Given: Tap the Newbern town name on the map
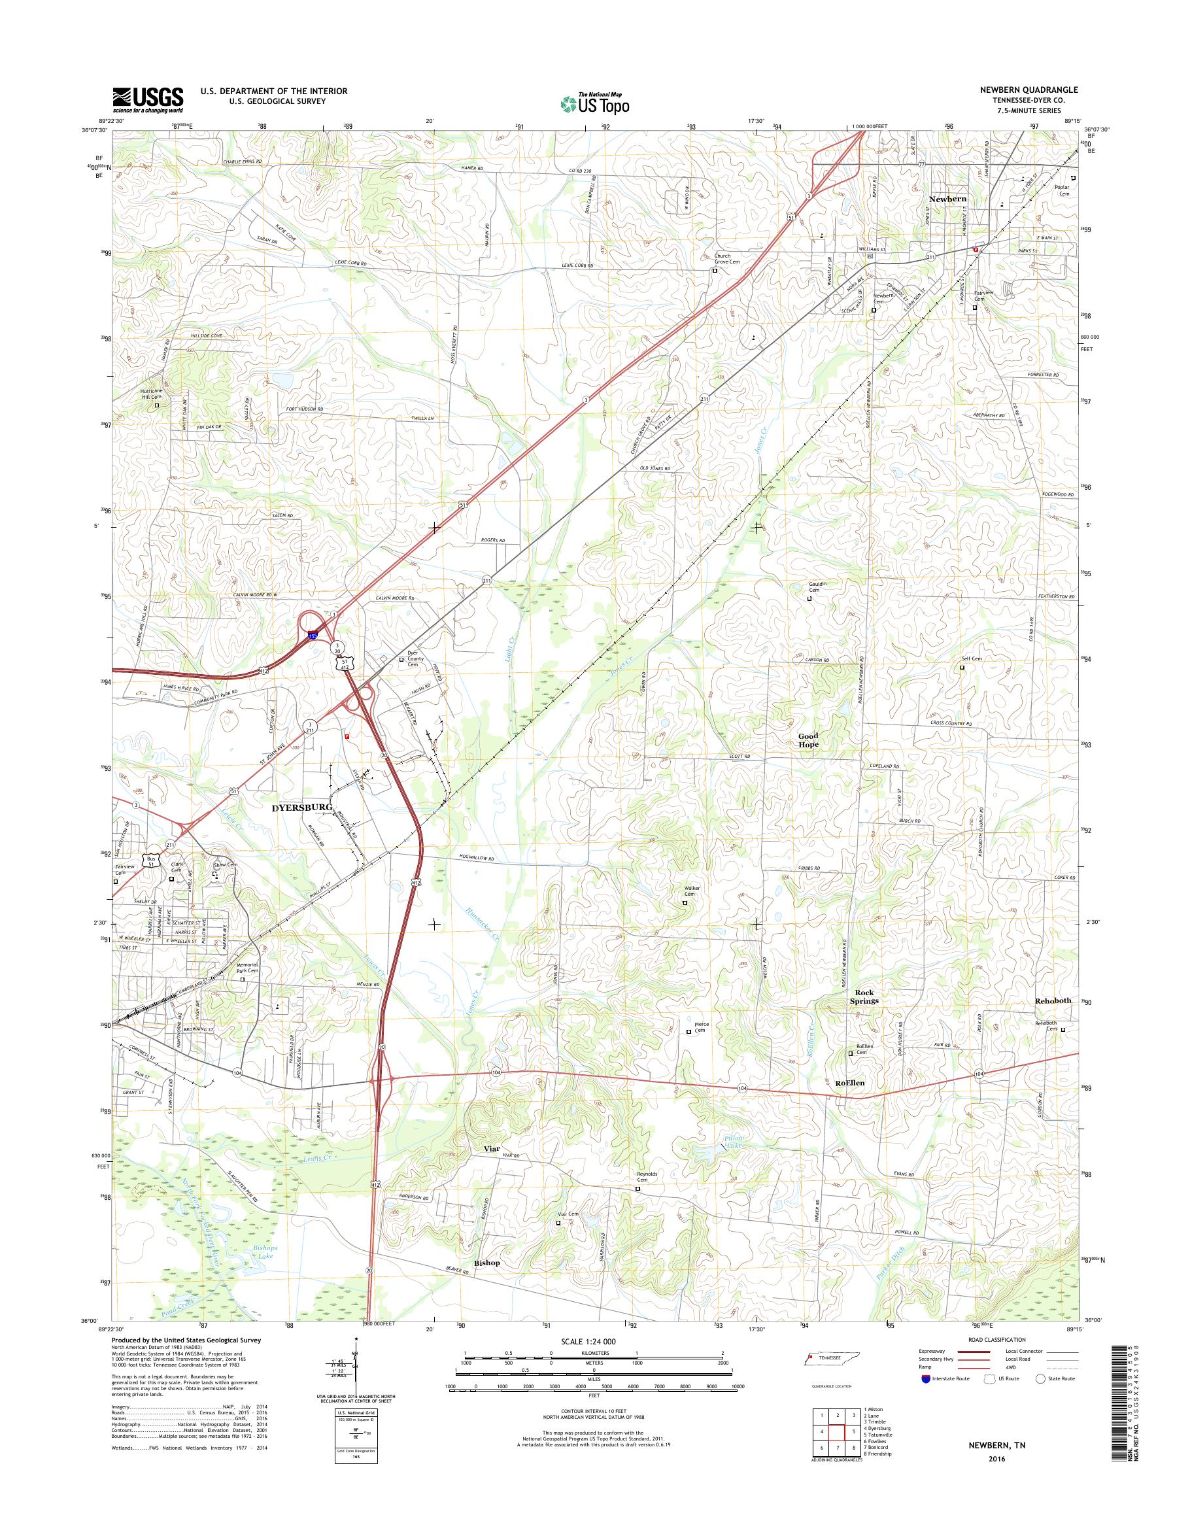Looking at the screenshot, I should [x=947, y=199].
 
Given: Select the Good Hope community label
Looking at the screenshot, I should [x=808, y=740].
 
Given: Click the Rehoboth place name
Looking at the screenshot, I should [x=1053, y=1000].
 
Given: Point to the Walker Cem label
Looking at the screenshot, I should [x=692, y=891].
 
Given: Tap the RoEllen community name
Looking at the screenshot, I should [x=849, y=1083].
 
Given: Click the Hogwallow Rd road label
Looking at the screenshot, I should [x=477, y=859].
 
